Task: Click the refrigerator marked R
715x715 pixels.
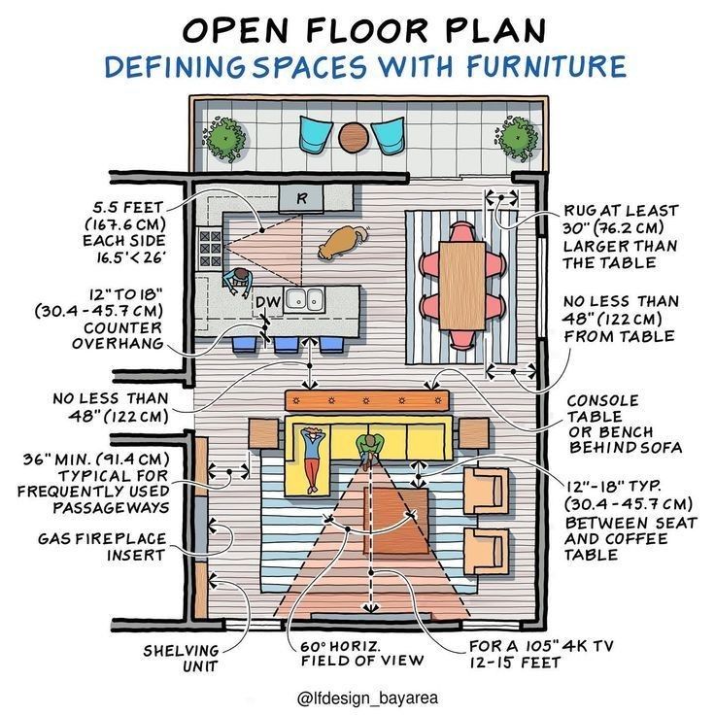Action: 301,198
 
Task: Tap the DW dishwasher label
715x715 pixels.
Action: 268,301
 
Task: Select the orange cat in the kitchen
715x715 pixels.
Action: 342,242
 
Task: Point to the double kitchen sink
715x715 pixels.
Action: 304,300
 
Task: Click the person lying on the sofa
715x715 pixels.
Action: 312,459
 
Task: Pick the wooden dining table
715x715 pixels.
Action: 461,286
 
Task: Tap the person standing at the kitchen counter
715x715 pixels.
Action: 238,282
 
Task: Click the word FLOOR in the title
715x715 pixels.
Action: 367,31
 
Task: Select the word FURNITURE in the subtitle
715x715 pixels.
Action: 545,65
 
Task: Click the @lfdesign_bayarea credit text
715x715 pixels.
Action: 367,698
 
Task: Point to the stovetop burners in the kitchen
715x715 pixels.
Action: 210,249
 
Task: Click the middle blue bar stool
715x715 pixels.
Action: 286,345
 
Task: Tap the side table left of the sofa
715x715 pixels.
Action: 263,433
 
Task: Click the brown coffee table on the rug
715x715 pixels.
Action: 395,521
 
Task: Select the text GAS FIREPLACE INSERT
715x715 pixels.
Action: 102,547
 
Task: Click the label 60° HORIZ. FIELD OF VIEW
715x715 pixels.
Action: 362,653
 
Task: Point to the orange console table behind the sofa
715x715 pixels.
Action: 367,401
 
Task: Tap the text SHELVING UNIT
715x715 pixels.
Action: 181,658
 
